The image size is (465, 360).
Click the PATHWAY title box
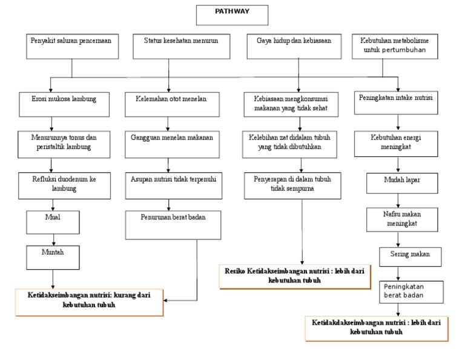coord(231,15)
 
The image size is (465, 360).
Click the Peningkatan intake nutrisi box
coord(398,103)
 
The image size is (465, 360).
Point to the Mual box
coord(53,221)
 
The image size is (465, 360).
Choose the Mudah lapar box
coord(394,184)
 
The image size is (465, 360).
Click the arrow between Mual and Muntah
coord(53,239)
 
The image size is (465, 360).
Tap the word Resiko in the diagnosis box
coord(237,272)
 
